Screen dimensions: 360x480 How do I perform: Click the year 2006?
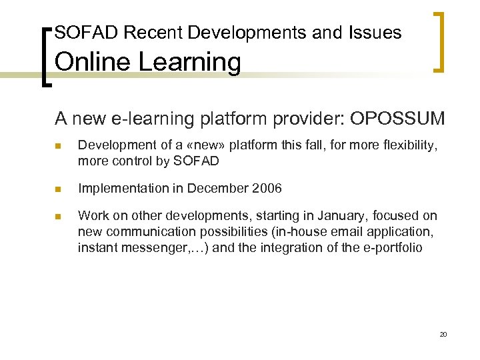tap(267, 189)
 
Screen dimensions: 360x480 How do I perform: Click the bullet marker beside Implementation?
tap(59, 189)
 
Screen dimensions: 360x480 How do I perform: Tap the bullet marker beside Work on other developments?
tap(59, 216)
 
